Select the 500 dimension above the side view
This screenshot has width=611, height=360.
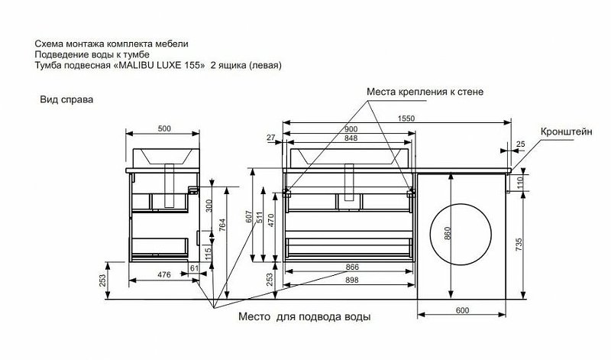click(163, 128)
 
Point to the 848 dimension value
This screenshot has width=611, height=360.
click(352, 138)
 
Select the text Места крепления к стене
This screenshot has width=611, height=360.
click(425, 92)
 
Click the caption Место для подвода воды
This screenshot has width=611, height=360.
click(305, 316)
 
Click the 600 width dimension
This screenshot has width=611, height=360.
click(463, 310)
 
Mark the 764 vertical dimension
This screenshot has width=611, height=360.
click(223, 227)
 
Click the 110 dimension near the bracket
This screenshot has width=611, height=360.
click(520, 182)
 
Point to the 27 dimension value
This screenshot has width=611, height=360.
click(271, 138)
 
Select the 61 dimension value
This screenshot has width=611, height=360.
click(194, 267)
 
